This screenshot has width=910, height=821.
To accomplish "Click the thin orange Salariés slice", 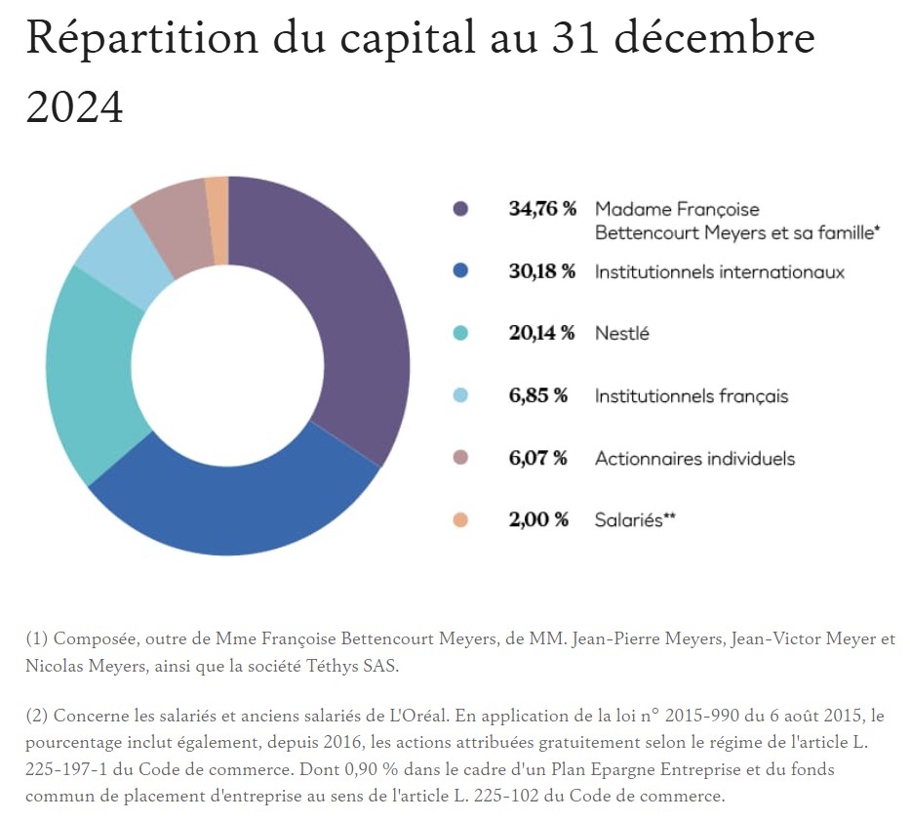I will [218, 220].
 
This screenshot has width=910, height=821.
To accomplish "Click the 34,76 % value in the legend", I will [542, 209].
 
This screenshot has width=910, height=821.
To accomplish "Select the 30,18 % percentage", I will [542, 271].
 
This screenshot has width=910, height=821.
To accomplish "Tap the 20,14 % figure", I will [542, 334].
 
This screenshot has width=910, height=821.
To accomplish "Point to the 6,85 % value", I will [538, 396].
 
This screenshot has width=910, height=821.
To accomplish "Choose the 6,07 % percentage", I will [538, 459].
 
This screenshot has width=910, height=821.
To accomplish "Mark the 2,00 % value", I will [538, 520].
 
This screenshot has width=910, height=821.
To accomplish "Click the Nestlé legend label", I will [621, 334].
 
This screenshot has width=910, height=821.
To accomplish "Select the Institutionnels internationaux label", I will [719, 271].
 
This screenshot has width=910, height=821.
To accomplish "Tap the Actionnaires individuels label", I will [694, 459].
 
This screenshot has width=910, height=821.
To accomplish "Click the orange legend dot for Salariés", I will [460, 520].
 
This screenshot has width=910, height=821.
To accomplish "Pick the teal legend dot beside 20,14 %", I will [460, 334].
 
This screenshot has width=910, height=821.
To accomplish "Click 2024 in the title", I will [75, 105].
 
